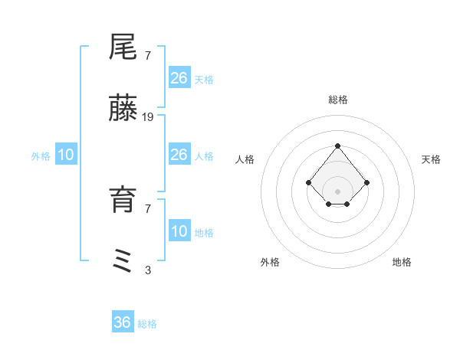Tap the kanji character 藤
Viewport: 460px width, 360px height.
(123, 110)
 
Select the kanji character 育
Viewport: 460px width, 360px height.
(123, 200)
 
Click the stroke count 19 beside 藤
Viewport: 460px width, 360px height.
(148, 117)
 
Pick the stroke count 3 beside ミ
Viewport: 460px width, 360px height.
(148, 270)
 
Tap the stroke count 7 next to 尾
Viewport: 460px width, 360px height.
(148, 55)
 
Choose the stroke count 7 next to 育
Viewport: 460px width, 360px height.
(148, 208)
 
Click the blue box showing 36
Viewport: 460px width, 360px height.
(123, 322)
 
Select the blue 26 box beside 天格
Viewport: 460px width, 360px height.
(179, 78)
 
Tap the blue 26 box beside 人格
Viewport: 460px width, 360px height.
(179, 155)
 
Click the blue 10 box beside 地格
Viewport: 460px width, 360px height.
(179, 231)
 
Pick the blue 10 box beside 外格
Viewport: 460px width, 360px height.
(66, 155)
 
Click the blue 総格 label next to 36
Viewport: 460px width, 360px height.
(147, 324)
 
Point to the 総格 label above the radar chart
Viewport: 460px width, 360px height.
(337, 100)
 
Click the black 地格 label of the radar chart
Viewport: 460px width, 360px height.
(402, 262)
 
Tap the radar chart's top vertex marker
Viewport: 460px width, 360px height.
(337, 146)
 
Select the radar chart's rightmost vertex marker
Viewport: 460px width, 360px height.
(366, 182)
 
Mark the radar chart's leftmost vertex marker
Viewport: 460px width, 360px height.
(308, 182)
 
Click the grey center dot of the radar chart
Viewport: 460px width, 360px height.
(337, 191)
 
